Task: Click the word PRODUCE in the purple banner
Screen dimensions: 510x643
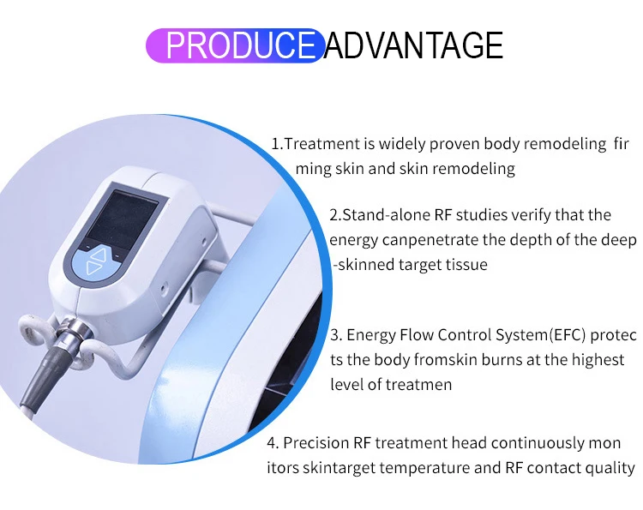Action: (239, 45)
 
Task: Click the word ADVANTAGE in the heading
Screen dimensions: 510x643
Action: (413, 45)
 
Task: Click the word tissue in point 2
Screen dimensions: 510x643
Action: (466, 264)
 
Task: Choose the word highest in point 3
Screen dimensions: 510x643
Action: (598, 359)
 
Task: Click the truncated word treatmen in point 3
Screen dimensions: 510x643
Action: (420, 384)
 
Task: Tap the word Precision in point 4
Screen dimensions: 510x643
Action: (315, 443)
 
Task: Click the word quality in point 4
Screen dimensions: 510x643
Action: (609, 469)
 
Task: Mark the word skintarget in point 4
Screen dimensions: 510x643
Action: (338, 469)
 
